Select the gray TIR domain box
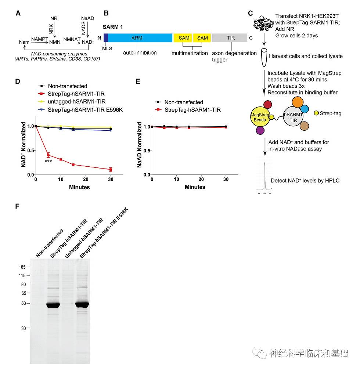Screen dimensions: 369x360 (231, 38)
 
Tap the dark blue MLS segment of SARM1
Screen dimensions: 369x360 (106, 38)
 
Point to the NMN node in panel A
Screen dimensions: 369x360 (54, 42)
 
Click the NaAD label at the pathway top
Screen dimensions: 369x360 (87, 18)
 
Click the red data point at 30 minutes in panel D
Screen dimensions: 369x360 (110, 169)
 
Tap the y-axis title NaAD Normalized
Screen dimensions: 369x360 (140, 145)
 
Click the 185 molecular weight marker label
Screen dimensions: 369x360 (22, 267)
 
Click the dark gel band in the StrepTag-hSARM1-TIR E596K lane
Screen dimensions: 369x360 (82, 304)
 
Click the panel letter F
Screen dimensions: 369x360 (17, 206)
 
